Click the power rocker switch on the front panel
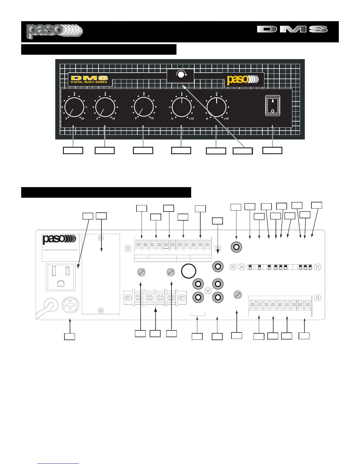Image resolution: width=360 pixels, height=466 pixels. coord(272,106)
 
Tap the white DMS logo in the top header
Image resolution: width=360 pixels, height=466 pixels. coord(292,29)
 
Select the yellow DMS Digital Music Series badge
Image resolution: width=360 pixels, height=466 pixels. coord(89,80)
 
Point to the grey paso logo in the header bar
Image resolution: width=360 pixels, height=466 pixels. coord(54,31)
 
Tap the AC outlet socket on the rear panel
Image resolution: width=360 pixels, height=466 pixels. coord(61,277)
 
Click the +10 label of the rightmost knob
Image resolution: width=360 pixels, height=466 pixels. coord(226,119)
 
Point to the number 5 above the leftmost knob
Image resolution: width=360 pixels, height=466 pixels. coord(74,94)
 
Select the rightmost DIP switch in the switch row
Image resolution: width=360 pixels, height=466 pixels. coord(310,267)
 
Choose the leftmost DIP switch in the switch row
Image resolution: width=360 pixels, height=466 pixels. coord(250,267)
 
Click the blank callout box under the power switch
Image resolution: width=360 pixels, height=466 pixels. coord(272,150)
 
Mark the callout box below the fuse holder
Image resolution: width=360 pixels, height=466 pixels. coord(70,337)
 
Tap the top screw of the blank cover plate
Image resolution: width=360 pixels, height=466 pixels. coord(101,238)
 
